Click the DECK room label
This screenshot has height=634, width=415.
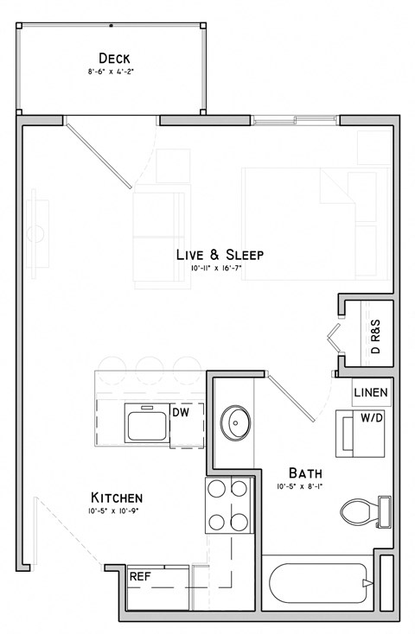(x=114, y=58)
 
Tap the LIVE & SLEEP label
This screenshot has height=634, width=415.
(x=220, y=255)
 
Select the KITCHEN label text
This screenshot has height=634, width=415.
(x=117, y=498)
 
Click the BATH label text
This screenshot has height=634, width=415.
(x=305, y=473)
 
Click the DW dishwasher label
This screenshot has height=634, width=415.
(x=182, y=413)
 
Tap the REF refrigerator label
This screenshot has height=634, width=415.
(x=140, y=576)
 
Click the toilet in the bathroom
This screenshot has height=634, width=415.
(x=363, y=510)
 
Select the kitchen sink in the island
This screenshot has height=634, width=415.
(x=146, y=423)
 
